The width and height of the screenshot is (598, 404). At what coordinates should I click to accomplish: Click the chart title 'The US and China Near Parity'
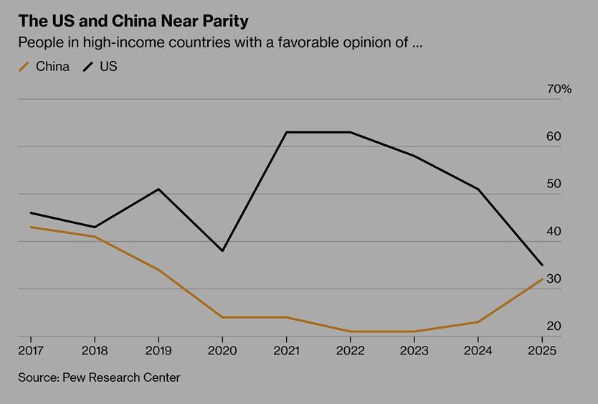click(133, 19)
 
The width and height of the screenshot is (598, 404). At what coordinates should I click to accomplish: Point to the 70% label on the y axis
click(559, 89)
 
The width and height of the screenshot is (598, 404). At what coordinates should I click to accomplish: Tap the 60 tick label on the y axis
click(554, 136)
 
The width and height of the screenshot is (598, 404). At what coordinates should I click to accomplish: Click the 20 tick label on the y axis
click(554, 327)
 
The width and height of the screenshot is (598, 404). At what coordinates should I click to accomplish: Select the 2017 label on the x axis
click(31, 350)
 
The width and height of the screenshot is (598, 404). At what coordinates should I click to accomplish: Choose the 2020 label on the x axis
click(222, 350)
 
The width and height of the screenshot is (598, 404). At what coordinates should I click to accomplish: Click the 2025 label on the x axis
click(542, 350)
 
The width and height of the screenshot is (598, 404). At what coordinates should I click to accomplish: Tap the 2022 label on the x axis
click(350, 350)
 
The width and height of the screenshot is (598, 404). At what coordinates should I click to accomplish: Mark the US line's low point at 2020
click(222, 251)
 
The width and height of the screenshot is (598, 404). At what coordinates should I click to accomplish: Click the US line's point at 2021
click(286, 132)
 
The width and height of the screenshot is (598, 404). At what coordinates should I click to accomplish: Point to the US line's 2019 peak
click(158, 189)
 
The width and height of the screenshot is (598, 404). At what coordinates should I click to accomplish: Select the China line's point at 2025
click(542, 279)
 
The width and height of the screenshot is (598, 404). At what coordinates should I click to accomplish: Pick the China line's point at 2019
click(158, 270)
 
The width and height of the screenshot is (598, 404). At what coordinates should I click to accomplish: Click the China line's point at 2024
click(478, 322)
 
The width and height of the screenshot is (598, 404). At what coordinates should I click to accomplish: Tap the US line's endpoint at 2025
click(542, 266)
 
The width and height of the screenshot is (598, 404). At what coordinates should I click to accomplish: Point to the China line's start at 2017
click(31, 227)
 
